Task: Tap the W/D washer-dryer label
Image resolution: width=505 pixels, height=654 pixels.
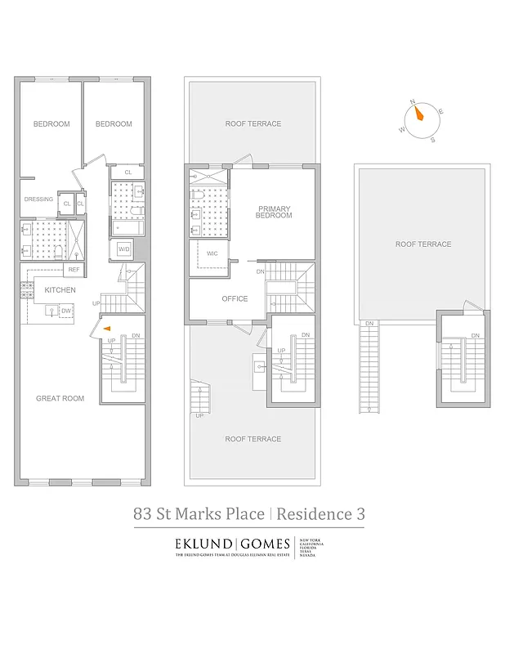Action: [x=124, y=249]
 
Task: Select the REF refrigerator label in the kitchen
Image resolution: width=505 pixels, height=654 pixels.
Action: [x=74, y=269]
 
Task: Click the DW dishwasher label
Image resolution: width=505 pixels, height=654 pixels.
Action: [x=65, y=311]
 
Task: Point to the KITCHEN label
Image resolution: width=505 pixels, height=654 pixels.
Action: [x=60, y=290]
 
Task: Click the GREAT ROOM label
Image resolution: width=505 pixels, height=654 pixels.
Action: [x=60, y=398]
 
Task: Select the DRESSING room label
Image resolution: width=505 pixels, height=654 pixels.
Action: [x=38, y=199]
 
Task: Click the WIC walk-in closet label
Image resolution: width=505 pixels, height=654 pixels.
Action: [x=212, y=253]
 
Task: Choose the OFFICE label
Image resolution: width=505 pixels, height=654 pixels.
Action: [x=235, y=298]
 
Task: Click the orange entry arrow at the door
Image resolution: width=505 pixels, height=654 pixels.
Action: [x=108, y=330]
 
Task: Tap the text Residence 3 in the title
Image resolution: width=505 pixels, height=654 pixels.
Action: [x=320, y=514]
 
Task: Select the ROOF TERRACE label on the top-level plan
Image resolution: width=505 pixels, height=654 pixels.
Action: [x=422, y=244]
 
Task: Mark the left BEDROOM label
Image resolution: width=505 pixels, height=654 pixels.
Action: [x=51, y=123]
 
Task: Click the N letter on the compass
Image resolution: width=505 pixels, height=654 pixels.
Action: [x=413, y=103]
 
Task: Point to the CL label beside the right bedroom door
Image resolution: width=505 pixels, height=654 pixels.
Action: [x=127, y=172]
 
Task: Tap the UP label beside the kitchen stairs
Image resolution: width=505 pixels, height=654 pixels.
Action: [x=96, y=303]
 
